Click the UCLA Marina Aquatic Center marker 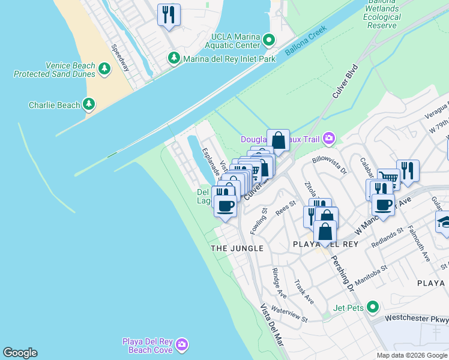[x=269, y=41]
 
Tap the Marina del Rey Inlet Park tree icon [x=174, y=58]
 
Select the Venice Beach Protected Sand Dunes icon [x=105, y=69]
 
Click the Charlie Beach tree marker [x=89, y=105]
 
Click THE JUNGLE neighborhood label [x=237, y=248]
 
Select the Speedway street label [x=120, y=58]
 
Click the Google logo [x=20, y=353]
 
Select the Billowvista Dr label [x=330, y=166]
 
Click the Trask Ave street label [x=304, y=291]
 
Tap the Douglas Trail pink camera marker [x=328, y=139]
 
